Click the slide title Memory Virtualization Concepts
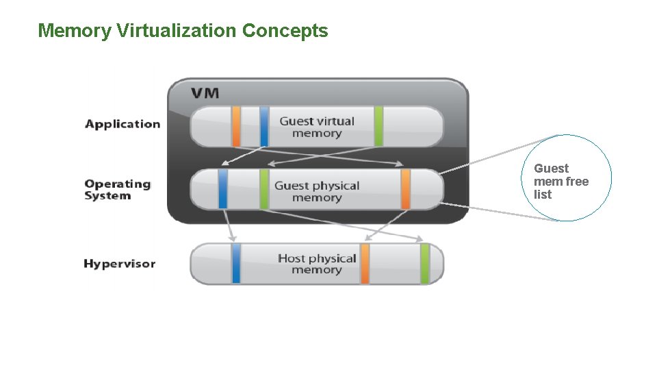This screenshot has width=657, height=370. click(x=183, y=31)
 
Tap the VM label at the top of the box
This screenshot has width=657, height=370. click(x=205, y=92)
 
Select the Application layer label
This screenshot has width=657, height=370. click(x=123, y=124)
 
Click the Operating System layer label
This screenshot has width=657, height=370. click(x=117, y=190)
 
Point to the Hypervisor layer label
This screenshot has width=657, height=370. click(x=119, y=264)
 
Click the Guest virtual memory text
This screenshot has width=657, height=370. click(x=316, y=127)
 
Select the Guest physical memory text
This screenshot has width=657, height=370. click(x=316, y=191)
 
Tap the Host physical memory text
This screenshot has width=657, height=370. click(x=316, y=264)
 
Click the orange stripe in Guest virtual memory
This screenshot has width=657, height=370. click(x=236, y=126)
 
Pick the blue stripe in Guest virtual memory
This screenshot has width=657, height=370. click(x=264, y=126)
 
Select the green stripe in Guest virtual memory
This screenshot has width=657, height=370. click(x=378, y=126)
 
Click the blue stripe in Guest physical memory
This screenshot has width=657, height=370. click(x=222, y=189)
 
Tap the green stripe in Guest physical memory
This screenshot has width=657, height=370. click(x=264, y=189)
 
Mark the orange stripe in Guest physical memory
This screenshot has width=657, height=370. click(x=405, y=189)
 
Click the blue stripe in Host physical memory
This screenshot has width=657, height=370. click(x=236, y=263)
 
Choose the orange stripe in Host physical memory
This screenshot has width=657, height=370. click(x=365, y=263)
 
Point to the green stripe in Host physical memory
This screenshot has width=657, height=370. click(x=424, y=263)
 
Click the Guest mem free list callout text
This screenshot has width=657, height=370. click(x=561, y=181)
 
